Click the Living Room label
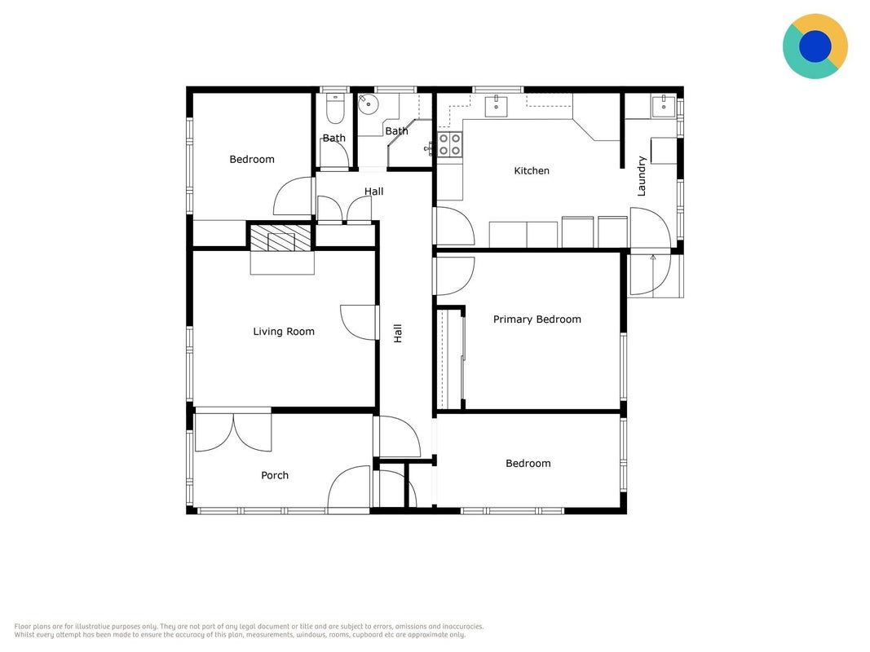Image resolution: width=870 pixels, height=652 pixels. tap(284, 332)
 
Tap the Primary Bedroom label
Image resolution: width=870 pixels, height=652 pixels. tap(537, 319)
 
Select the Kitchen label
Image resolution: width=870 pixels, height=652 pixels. tap(532, 171)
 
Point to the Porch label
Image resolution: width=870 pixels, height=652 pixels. tap(275, 475)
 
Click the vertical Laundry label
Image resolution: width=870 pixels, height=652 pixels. tap(642, 176)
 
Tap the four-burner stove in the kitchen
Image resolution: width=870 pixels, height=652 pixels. tap(449, 144)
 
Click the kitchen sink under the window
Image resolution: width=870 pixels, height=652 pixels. tap(496, 107)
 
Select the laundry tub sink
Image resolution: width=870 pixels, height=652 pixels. tap(664, 106)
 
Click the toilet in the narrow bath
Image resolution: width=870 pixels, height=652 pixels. tap(335, 108)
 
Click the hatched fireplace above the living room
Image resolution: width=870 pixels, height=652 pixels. tap(280, 237)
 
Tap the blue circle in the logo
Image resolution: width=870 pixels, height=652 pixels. tap(815, 46)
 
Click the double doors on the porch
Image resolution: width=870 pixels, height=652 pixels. tap(233, 433)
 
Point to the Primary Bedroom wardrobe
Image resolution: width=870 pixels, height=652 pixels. tap(451, 359)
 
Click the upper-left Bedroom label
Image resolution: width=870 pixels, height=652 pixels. tap(252, 160)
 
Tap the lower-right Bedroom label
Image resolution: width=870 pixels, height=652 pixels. tap(528, 464)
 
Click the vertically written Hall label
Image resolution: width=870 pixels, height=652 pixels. tap(398, 333)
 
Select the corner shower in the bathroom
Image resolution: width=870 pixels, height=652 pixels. tap(410, 143)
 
